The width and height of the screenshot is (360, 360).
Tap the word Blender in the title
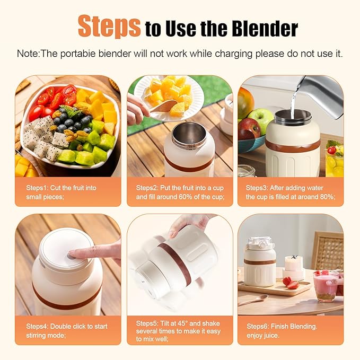click(x=265, y=29)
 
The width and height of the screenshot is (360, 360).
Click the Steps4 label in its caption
click(x=37, y=326)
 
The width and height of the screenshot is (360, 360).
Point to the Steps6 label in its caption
click(x=258, y=326)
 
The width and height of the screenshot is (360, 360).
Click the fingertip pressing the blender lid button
click(x=73, y=254)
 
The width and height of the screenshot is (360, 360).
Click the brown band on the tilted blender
click(x=175, y=259)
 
